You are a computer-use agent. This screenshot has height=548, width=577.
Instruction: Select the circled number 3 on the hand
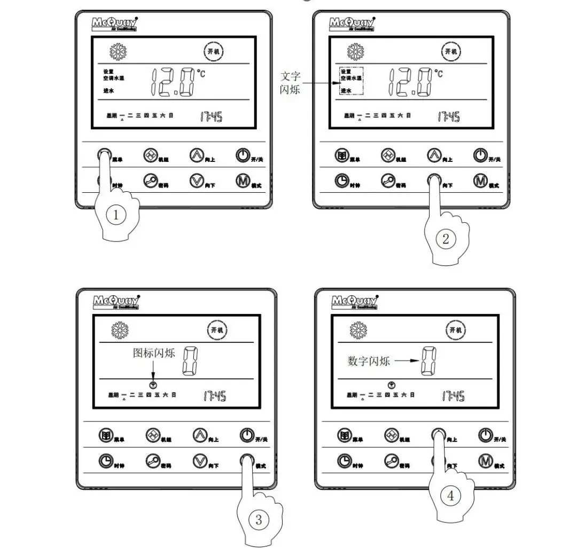258,519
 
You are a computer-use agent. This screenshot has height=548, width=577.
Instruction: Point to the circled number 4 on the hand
450,495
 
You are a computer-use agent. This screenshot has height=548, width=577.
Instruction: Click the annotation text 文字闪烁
291,82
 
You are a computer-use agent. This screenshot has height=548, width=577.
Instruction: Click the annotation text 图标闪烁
154,354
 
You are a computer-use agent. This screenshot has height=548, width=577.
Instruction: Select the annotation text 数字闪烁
369,361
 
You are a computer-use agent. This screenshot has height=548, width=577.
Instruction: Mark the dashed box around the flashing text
351,81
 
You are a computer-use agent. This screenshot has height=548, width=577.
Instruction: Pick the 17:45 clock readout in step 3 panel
214,396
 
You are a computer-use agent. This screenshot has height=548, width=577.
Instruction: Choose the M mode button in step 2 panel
480,182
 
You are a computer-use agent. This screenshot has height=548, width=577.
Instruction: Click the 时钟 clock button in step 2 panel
341,182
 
